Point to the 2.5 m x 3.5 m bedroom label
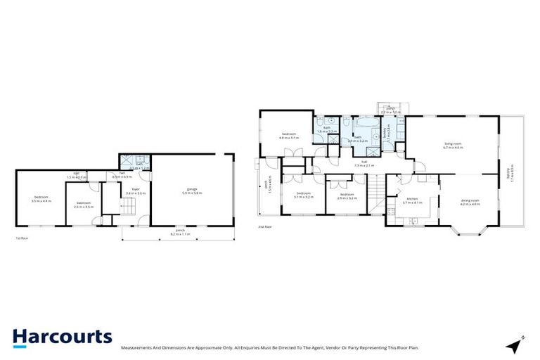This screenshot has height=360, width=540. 83,205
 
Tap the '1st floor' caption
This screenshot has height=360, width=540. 21,239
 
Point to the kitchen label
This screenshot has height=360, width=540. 412,200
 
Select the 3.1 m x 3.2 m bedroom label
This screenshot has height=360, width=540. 304,195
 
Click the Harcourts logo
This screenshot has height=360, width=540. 62,336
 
